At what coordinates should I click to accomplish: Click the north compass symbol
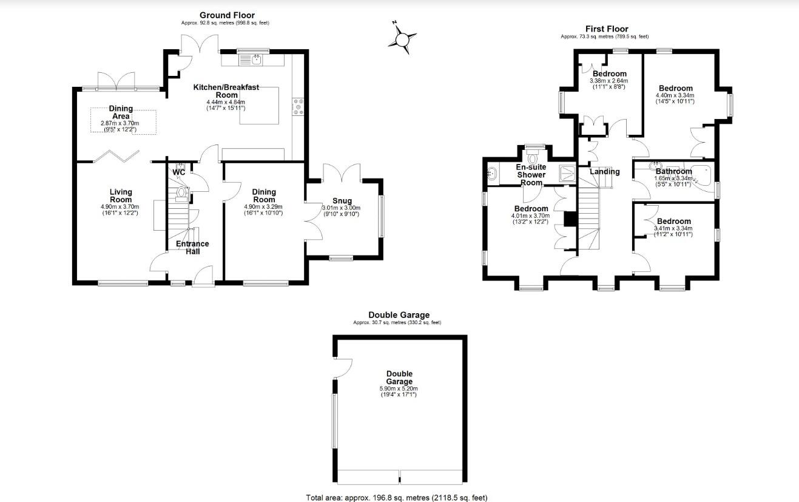pos(402,39)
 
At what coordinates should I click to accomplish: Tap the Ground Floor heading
pos(227,15)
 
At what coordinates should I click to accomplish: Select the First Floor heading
pos(606,29)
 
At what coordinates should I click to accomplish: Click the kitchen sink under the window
pos(253,59)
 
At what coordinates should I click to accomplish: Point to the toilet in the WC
pos(181,193)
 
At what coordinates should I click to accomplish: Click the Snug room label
pos(342,201)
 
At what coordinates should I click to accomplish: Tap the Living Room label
pos(121,195)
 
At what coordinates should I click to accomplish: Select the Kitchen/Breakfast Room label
pos(226,91)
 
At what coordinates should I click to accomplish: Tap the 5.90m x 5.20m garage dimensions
pos(399,388)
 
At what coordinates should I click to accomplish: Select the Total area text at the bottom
pos(397,498)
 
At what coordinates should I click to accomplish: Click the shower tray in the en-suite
pos(567,172)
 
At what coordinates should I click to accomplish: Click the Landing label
pos(605,171)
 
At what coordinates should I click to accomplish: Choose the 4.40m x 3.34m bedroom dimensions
pos(675,95)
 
